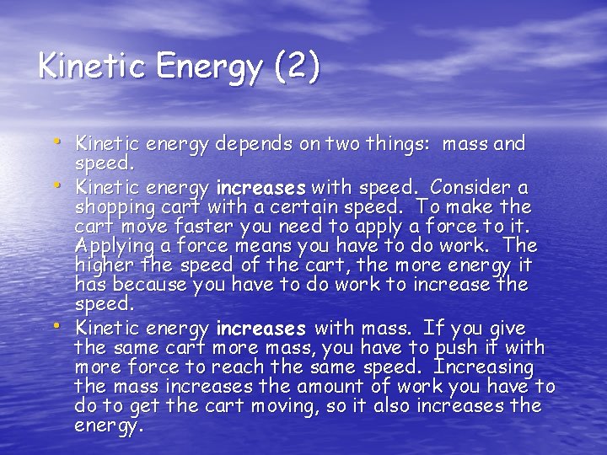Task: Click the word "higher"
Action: [x=102, y=266]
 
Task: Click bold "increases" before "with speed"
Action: [x=261, y=187]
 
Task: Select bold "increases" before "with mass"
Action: [x=261, y=328]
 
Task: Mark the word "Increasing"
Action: [x=483, y=368]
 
